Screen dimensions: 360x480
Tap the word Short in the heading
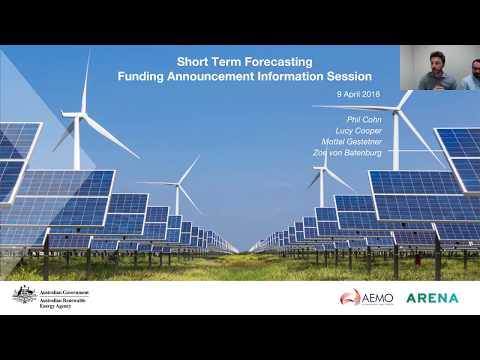(196, 61)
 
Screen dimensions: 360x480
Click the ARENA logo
(432, 297)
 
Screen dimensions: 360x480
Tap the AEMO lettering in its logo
(377, 297)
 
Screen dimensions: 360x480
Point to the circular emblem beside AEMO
(350, 297)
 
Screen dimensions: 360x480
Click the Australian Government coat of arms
(24, 294)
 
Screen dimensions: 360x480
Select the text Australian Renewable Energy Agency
(61, 301)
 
